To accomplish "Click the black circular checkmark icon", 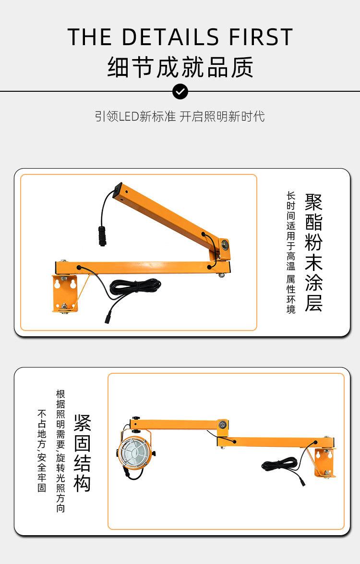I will pyautogui.click(x=180, y=91).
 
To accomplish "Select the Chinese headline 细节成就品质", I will pyautogui.click(x=180, y=67).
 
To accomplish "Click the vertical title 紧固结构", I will pyautogui.click(x=82, y=453).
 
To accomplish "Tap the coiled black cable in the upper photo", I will pyautogui.click(x=134, y=287).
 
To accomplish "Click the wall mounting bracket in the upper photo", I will pyautogui.click(x=65, y=293).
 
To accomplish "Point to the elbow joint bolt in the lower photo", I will pyautogui.click(x=222, y=424).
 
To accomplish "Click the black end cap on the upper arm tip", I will pyautogui.click(x=117, y=189).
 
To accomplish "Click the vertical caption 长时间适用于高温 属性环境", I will pyautogui.click(x=291, y=252).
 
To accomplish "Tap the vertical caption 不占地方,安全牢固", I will pyautogui.click(x=42, y=450).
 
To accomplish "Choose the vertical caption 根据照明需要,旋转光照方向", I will pyautogui.click(x=60, y=450).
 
